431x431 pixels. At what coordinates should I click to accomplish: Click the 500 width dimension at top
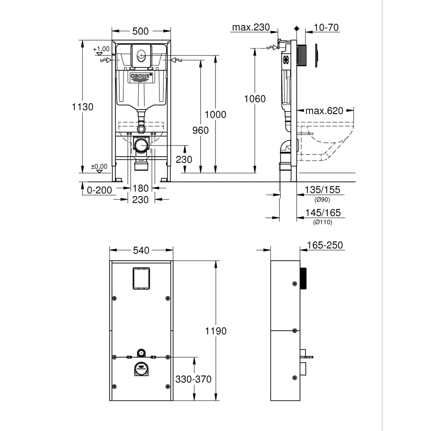click(x=141, y=31)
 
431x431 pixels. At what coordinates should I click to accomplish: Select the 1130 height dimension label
click(x=82, y=107)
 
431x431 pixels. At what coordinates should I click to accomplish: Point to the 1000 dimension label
click(x=215, y=115)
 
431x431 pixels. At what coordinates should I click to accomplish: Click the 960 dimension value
click(x=201, y=131)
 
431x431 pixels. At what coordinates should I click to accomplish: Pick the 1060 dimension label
click(x=255, y=99)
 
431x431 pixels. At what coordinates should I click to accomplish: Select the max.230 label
click(x=251, y=27)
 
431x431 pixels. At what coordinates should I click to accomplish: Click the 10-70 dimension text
click(x=326, y=27)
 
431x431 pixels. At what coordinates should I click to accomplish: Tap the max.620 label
click(x=324, y=111)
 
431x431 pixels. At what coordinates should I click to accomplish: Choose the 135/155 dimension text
click(x=322, y=190)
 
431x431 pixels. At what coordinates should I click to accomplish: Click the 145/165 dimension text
click(x=322, y=213)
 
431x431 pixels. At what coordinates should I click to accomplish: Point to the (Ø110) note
click(x=322, y=222)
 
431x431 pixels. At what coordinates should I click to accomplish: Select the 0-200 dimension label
click(x=99, y=190)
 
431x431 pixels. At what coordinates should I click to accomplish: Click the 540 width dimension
click(x=141, y=251)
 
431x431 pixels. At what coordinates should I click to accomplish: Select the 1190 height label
click(x=215, y=331)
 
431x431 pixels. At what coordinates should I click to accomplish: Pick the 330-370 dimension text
click(x=193, y=379)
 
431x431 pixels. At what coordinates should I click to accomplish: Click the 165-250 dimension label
click(x=325, y=245)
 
